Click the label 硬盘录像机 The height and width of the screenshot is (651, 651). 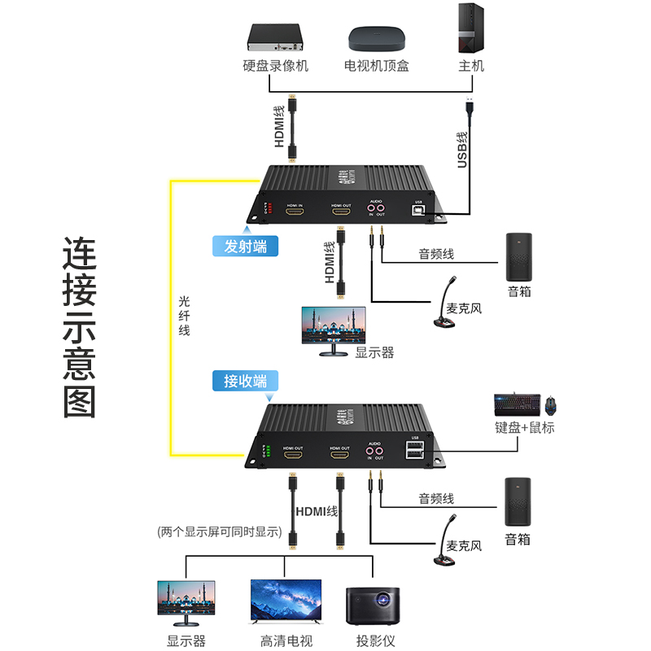click(x=276, y=65)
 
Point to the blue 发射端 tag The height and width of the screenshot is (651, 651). click(x=245, y=246)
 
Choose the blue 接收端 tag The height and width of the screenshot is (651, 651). click(x=245, y=380)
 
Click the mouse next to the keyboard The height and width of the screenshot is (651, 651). click(x=553, y=404)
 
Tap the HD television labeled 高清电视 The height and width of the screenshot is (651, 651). click(x=286, y=603)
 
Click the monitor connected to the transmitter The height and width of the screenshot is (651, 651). click(x=333, y=330)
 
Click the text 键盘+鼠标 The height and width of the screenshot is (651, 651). click(x=524, y=427)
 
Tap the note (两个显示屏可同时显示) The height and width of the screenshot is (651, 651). click(x=219, y=533)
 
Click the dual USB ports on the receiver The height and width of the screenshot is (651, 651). click(x=414, y=451)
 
